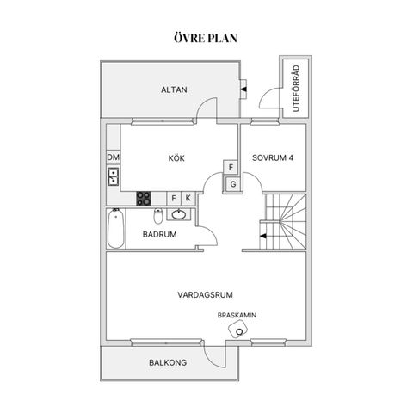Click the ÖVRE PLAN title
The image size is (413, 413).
click(x=206, y=38)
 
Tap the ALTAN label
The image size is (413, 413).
click(x=174, y=89)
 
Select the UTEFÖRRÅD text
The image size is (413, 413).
click(x=296, y=89)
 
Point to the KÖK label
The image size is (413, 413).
click(x=176, y=158)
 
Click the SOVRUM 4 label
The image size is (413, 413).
click(x=273, y=157)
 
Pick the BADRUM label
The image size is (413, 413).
click(x=159, y=234)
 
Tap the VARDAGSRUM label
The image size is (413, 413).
click(x=205, y=295)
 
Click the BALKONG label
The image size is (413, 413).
click(x=168, y=362)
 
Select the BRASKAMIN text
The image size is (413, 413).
click(x=237, y=316)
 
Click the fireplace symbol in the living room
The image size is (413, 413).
click(x=238, y=329)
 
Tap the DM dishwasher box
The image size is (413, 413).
click(x=114, y=157)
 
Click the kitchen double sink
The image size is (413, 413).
click(x=113, y=176)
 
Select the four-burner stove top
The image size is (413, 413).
click(x=144, y=199)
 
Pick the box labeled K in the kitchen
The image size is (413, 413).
click(x=188, y=198)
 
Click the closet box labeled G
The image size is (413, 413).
click(x=233, y=184)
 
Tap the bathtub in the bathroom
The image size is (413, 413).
click(x=116, y=228)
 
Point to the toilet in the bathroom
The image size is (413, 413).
click(x=158, y=216)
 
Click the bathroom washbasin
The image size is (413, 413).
click(x=179, y=214)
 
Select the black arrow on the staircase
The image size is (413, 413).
click(x=263, y=236)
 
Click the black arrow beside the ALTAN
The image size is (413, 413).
click(x=243, y=89)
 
